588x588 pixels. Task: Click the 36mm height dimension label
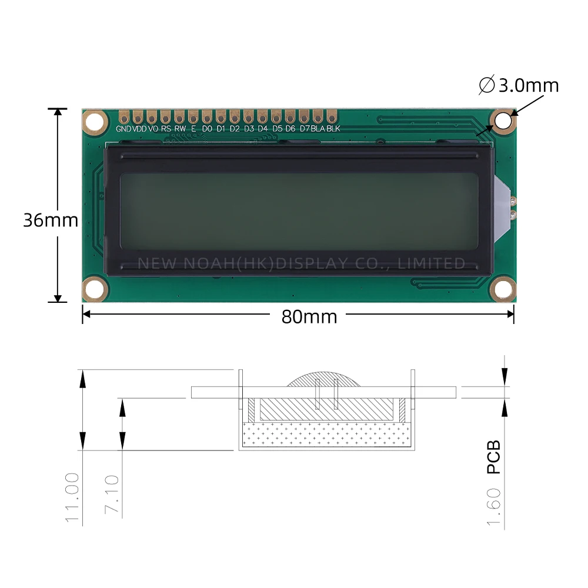pyautogui.click(x=51, y=220)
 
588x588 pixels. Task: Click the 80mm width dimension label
pyautogui.click(x=309, y=317)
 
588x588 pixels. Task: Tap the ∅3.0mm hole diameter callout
pyautogui.click(x=519, y=86)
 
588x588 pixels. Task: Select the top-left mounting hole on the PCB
pyautogui.click(x=93, y=122)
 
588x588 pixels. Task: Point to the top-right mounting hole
pyautogui.click(x=503, y=121)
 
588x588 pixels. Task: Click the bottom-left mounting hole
pyautogui.click(x=93, y=289)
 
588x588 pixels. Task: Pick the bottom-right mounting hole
pyautogui.click(x=503, y=289)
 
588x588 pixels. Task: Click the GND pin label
pyautogui.click(x=123, y=129)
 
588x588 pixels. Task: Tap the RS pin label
pyautogui.click(x=166, y=129)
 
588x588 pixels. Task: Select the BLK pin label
pyautogui.click(x=333, y=129)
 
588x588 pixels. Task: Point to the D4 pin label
pyautogui.click(x=262, y=129)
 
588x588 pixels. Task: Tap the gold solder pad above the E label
pyautogui.click(x=193, y=115)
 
